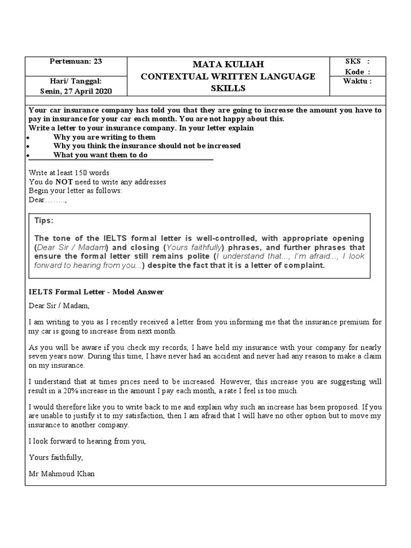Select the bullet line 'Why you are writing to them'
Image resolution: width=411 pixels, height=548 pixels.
click(x=104, y=137)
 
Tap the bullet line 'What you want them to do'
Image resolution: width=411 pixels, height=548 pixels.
click(x=100, y=155)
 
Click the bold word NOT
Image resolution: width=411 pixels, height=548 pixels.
click(x=63, y=182)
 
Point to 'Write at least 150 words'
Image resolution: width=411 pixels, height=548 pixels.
click(x=69, y=173)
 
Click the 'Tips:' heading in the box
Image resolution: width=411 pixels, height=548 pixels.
click(x=44, y=221)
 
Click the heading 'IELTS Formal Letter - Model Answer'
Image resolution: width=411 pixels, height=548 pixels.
click(x=96, y=292)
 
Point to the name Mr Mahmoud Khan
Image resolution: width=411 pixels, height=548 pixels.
click(x=62, y=474)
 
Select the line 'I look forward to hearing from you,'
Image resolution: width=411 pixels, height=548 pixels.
click(x=87, y=442)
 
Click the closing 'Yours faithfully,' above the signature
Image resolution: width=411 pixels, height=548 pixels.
click(x=56, y=458)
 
